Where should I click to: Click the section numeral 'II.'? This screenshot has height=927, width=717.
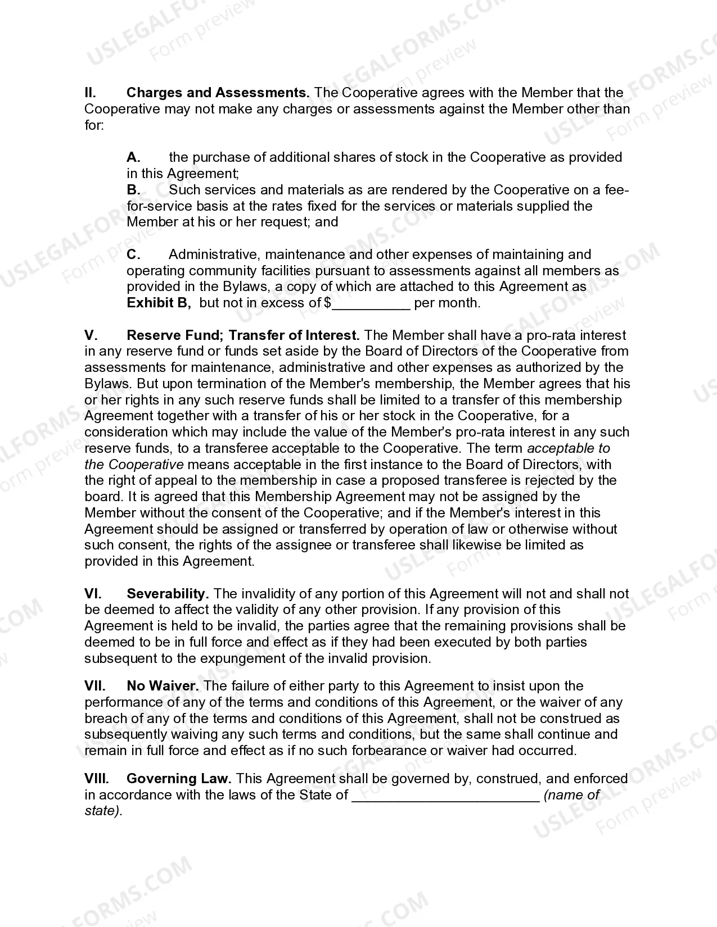pos(90,93)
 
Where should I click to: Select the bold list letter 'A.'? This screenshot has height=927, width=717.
pos(133,157)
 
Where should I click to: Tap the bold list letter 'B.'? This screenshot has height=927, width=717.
pos(133,190)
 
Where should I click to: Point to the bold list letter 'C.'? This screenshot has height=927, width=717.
pos(133,255)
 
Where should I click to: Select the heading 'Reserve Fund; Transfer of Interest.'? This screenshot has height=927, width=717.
pos(243,335)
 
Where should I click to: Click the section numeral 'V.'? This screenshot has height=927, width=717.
pos(91,335)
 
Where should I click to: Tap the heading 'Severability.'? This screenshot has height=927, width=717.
pos(168,594)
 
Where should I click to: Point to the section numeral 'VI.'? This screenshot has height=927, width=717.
pos(93,594)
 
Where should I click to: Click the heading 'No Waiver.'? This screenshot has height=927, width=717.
pos(163,686)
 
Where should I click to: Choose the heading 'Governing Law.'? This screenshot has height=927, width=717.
pos(179,779)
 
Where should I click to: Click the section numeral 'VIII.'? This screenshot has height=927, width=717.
pos(97,779)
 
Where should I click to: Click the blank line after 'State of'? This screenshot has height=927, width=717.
pos(445,796)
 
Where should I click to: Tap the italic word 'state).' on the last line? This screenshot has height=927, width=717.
pos(103,811)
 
